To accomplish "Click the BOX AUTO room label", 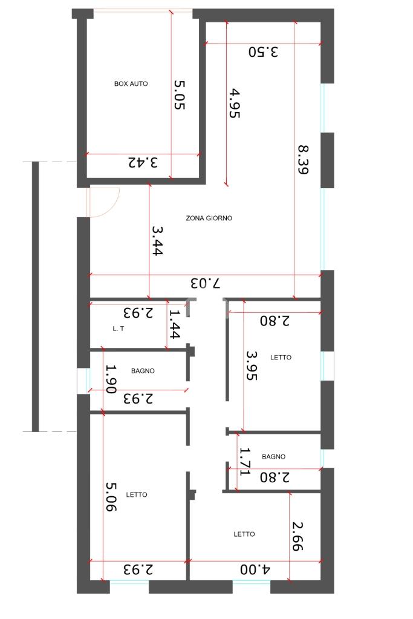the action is (x=131, y=84).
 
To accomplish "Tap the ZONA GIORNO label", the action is (x=209, y=218).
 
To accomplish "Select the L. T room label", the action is (x=119, y=329).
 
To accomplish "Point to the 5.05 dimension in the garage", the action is (x=180, y=95).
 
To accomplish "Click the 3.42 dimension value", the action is (x=143, y=162).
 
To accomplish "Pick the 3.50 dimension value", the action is (x=263, y=51).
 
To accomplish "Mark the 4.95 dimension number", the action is (x=234, y=103).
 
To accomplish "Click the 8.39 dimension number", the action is (x=303, y=160).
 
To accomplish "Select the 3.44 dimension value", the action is (x=157, y=241).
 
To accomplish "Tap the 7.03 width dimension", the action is (x=205, y=283).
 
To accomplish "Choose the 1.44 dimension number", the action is (x=174, y=324).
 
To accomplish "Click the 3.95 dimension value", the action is (x=252, y=366).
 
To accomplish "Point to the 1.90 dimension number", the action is (x=111, y=379).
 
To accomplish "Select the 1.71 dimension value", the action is (x=246, y=462).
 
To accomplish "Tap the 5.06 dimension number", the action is (x=111, y=497).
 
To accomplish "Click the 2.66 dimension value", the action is (x=298, y=537).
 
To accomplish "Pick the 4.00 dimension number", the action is (x=255, y=569).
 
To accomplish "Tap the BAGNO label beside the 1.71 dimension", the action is (x=274, y=457).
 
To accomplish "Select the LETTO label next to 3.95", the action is (x=281, y=358).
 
